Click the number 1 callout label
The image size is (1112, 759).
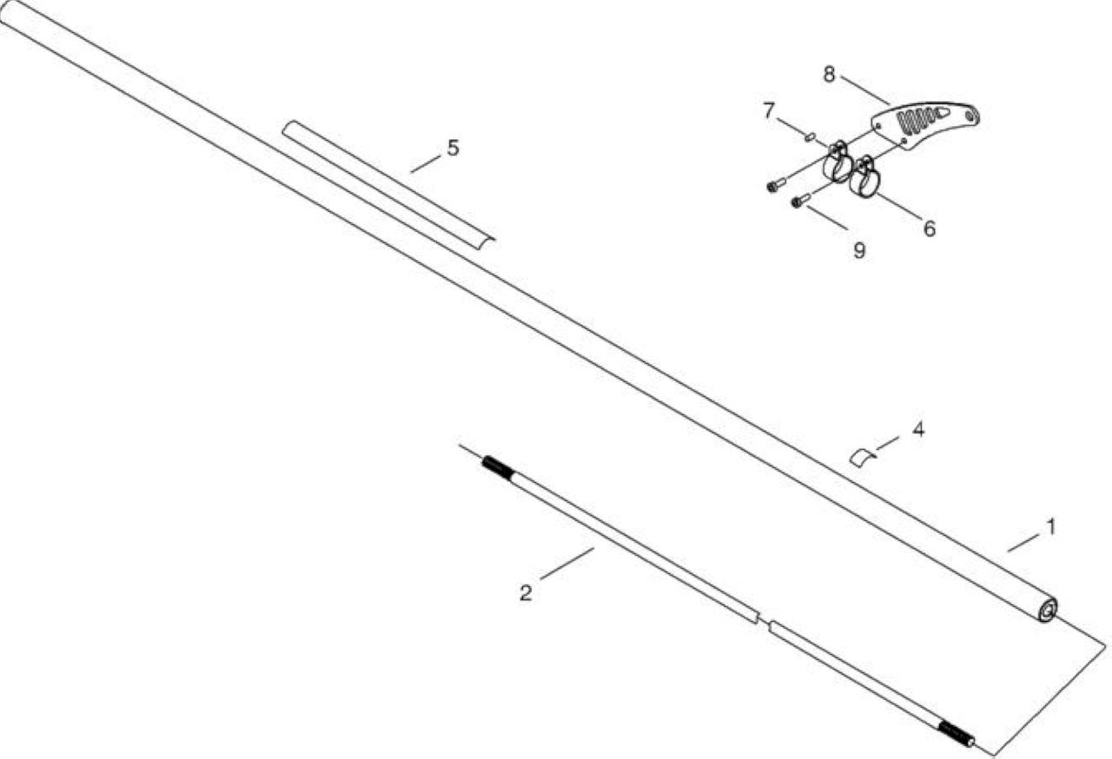pyautogui.click(x=1050, y=527)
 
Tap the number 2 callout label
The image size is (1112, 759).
pyautogui.click(x=526, y=593)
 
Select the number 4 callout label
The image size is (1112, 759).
pyautogui.click(x=918, y=430)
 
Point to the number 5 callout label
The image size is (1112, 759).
pyautogui.click(x=453, y=148)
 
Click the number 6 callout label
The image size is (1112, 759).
pyautogui.click(x=930, y=228)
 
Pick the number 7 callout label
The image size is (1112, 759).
pyautogui.click(x=769, y=110)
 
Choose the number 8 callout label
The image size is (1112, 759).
pyautogui.click(x=829, y=75)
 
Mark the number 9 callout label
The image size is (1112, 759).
pyautogui.click(x=859, y=250)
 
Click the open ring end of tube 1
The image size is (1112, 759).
pyautogui.click(x=1048, y=610)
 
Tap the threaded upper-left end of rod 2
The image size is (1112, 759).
pyautogui.click(x=495, y=467)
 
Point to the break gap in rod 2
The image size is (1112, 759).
pyautogui.click(x=764, y=623)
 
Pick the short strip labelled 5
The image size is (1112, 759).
pyautogui.click(x=388, y=182)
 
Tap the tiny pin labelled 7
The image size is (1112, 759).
pyautogui.click(x=810, y=136)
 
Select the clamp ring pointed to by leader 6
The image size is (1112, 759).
pyautogui.click(x=864, y=179)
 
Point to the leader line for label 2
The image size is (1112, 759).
pyautogui.click(x=567, y=563)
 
